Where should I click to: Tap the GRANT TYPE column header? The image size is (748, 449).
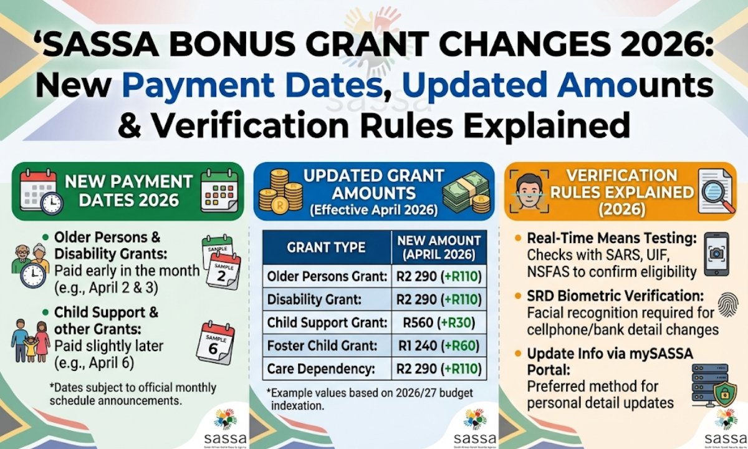326,247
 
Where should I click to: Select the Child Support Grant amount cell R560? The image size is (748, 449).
439,322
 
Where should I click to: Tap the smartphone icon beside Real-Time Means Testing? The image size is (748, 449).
719,254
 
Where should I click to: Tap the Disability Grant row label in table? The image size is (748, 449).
314,299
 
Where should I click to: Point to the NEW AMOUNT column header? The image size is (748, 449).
438,247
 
